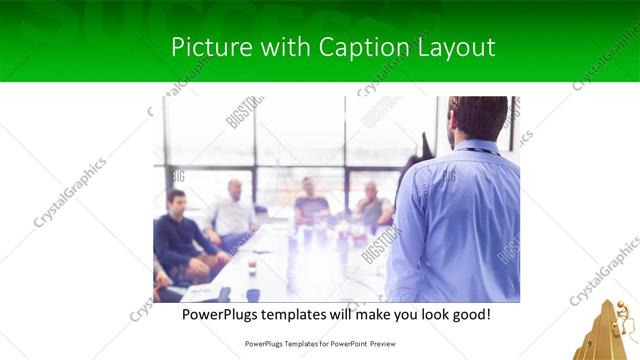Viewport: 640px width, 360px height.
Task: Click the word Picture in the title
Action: coord(206,47)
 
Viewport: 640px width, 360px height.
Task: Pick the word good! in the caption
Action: coord(469,314)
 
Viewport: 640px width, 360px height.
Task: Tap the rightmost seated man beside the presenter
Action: coord(373,207)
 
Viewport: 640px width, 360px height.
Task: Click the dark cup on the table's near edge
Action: coord(253,295)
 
